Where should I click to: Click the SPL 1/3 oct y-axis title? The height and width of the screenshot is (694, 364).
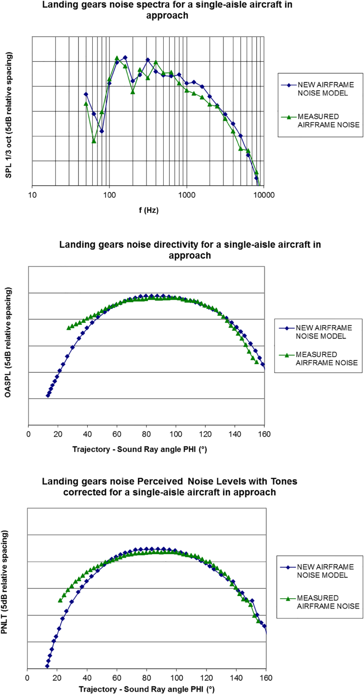click(x=9, y=114)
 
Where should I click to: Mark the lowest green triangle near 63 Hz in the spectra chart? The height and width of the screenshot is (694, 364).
click(x=94, y=141)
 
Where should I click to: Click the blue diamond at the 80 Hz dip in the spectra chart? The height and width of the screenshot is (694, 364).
click(x=102, y=131)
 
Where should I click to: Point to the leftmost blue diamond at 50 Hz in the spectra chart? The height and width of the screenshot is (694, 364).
click(x=86, y=94)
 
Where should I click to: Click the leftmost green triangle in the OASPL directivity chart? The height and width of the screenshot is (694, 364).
click(x=69, y=327)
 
